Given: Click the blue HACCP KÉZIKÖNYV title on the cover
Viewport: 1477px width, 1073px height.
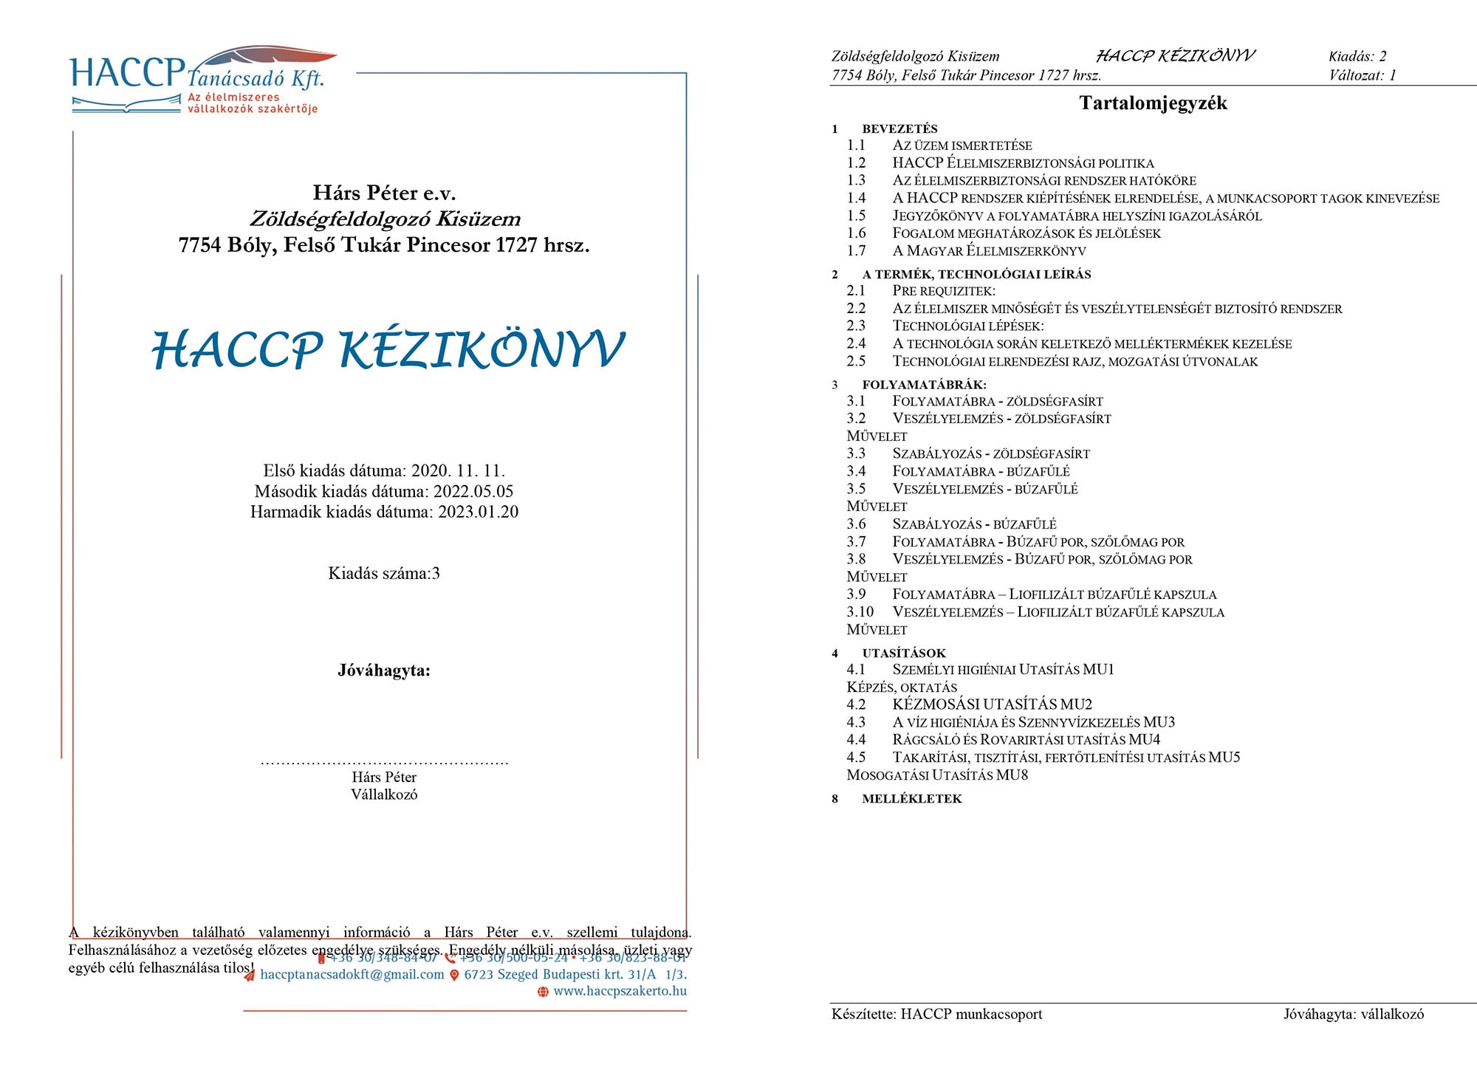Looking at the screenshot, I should click(x=388, y=350).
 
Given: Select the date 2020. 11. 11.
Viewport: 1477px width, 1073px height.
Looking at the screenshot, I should click(x=458, y=471).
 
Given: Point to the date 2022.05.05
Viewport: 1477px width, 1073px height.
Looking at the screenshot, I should click(x=473, y=492).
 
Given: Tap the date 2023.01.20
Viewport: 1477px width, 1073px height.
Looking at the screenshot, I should click(x=478, y=512).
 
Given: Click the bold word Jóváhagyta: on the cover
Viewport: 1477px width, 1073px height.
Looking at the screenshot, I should click(x=384, y=671).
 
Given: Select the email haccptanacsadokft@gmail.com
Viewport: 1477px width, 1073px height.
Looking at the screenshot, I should click(x=352, y=975).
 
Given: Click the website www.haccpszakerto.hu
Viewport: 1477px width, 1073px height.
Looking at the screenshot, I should click(x=620, y=991).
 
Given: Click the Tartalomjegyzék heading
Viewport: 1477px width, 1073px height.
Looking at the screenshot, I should click(x=1153, y=103).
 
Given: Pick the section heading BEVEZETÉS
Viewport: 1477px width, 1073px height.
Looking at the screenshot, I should click(x=899, y=128).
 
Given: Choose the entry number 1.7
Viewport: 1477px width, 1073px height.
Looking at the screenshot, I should click(x=856, y=251).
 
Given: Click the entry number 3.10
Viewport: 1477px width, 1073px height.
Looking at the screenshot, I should click(x=860, y=612).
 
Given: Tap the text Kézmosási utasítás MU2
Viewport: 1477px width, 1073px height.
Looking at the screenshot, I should click(x=992, y=705).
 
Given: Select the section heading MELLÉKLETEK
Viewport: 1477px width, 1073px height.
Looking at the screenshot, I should click(x=911, y=799).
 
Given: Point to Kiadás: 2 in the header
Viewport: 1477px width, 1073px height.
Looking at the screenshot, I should click(x=1357, y=56).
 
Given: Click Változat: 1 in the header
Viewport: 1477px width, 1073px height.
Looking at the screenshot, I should click(x=1362, y=75).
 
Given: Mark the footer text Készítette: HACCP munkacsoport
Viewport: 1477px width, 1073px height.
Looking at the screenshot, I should click(x=936, y=1015).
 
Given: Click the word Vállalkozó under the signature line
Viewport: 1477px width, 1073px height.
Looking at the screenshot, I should click(x=384, y=795).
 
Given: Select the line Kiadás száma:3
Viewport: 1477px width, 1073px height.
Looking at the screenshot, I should click(x=384, y=574).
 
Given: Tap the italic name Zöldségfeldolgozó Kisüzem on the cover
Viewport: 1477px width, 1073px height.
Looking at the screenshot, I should click(x=384, y=219).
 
